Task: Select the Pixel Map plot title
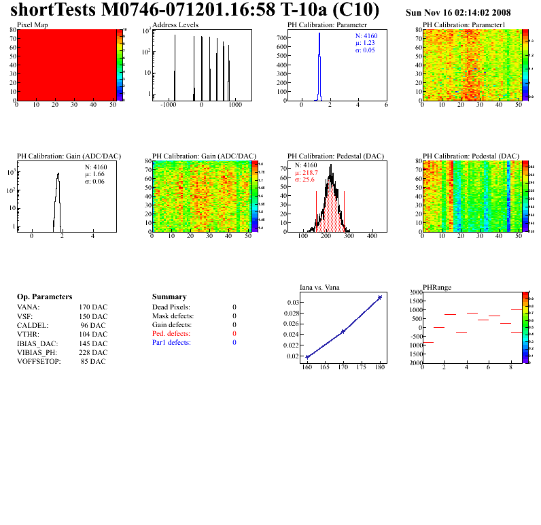[x=32, y=24]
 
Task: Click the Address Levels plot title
[x=174, y=24]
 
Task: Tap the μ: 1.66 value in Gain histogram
[x=95, y=173]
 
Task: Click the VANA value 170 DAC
[x=93, y=307]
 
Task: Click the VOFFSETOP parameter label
[x=39, y=361]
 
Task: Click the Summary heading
[x=169, y=297]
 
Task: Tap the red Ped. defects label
[x=171, y=334]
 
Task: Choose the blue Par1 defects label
[x=171, y=343]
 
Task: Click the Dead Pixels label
[x=171, y=307]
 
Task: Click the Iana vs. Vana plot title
[x=324, y=287]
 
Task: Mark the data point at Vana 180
[x=380, y=297]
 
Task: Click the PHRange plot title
[x=436, y=287]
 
